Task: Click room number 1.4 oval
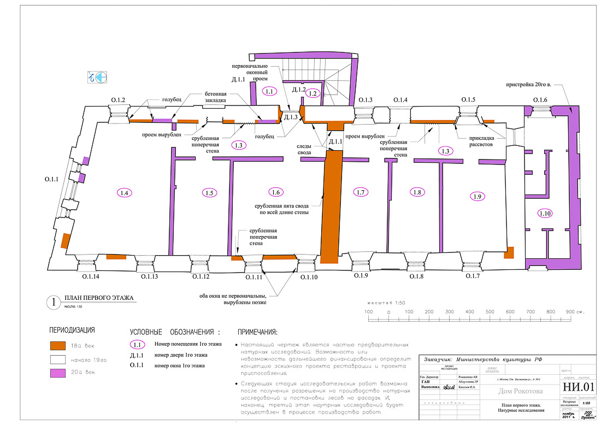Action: pyautogui.click(x=125, y=192)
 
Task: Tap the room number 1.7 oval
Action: pyautogui.click(x=360, y=192)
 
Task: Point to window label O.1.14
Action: pyautogui.click(x=91, y=277)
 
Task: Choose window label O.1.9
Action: pyautogui.click(x=361, y=276)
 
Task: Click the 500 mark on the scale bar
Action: pyautogui.click(x=490, y=312)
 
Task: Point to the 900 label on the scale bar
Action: pyautogui.click(x=570, y=312)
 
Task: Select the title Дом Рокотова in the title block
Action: pyautogui.click(x=521, y=391)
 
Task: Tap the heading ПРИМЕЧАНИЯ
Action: pyautogui.click(x=257, y=332)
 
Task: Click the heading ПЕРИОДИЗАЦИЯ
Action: pyautogui.click(x=72, y=330)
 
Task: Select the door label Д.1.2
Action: pyautogui.click(x=299, y=89)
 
